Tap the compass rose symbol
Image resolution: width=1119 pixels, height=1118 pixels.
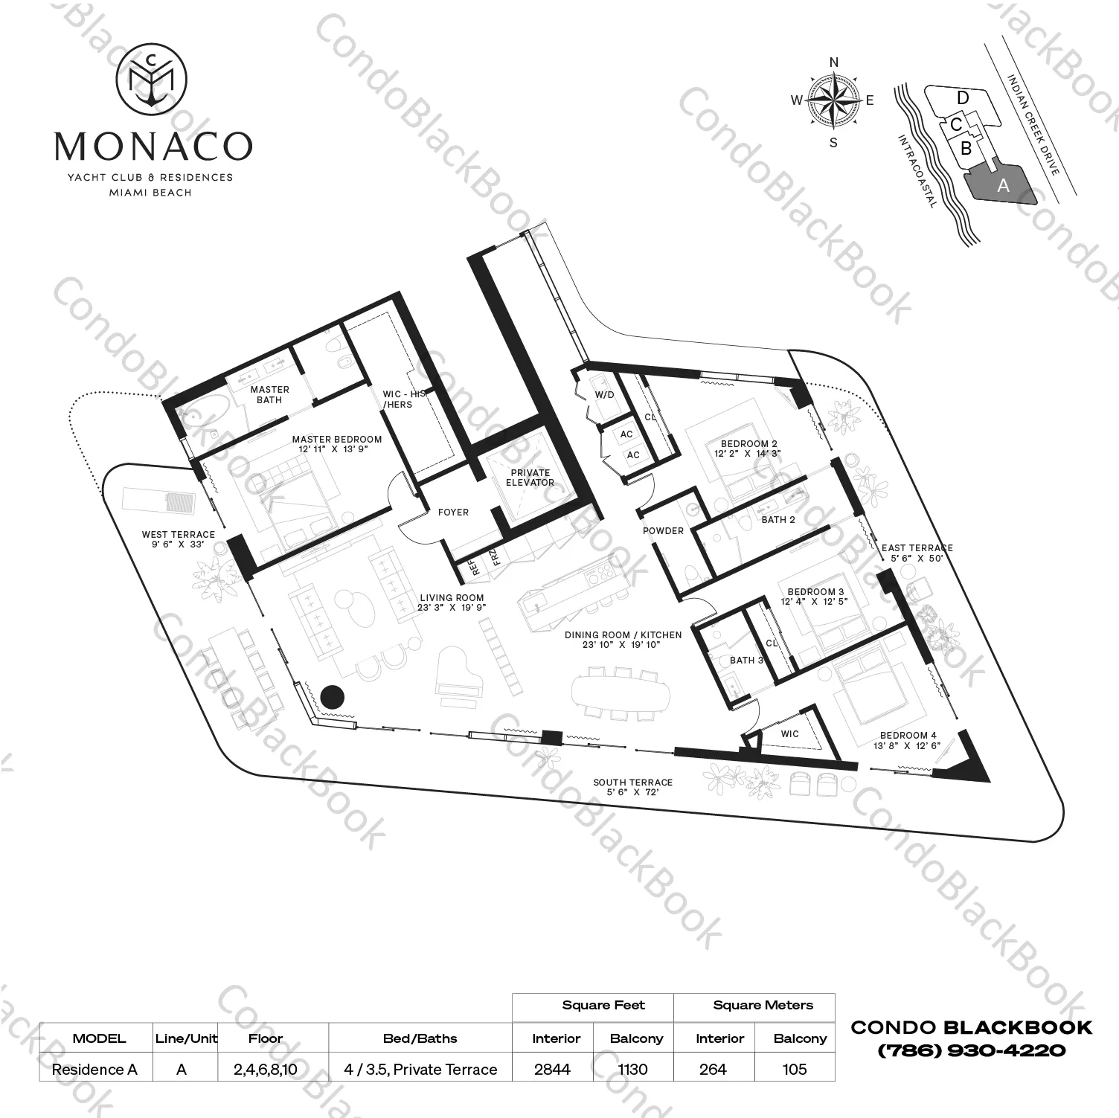pos(833,101)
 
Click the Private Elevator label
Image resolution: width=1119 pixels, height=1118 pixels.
pos(530,478)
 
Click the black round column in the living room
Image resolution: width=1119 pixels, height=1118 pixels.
pos(333,696)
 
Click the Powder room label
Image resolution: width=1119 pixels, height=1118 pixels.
pos(663,530)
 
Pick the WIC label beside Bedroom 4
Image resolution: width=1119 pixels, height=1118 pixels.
pos(789,733)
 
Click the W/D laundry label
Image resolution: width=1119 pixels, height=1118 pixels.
pos(604,395)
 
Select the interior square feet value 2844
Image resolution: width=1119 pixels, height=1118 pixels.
pos(552,1069)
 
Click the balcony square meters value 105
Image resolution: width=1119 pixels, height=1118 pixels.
pos(795,1069)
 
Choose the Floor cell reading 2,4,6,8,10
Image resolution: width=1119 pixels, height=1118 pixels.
pos(266,1069)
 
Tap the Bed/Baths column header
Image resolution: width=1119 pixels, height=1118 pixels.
pos(420,1038)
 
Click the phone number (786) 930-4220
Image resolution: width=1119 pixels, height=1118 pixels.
pos(971,1051)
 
